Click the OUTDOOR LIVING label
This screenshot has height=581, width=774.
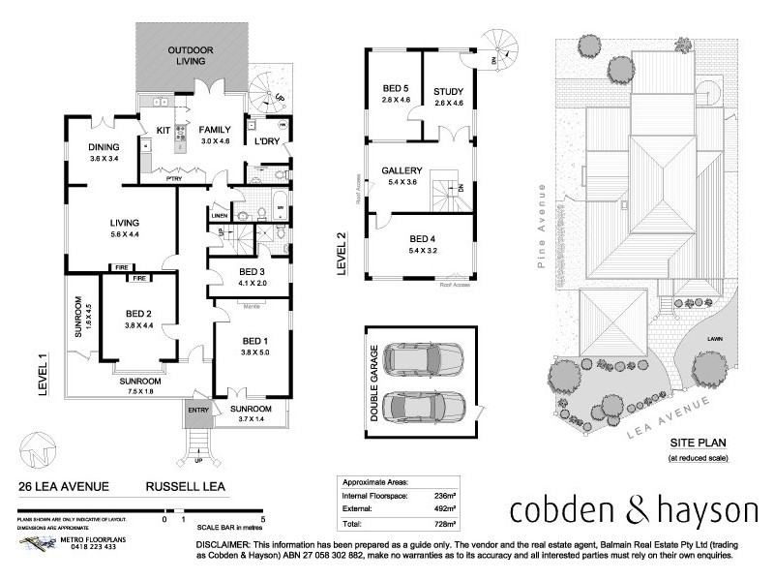coord(192,56)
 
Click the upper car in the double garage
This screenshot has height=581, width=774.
coord(421,361)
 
